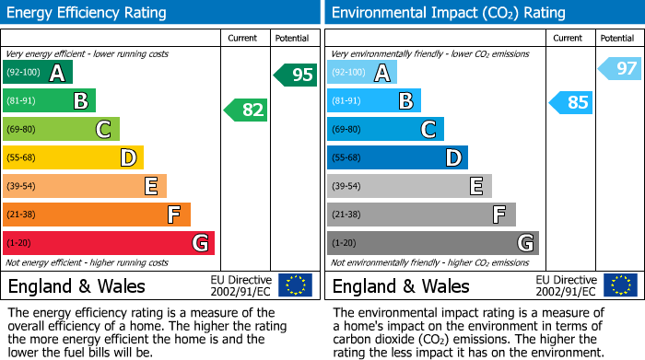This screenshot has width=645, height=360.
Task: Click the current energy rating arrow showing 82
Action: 246,110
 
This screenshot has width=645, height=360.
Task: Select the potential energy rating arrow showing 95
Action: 296,75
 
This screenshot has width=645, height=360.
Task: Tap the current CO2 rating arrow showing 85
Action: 571,102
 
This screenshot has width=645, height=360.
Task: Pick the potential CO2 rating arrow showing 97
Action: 620,68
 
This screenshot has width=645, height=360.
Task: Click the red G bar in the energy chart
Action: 108,243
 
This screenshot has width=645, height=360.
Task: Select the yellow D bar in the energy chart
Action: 73,157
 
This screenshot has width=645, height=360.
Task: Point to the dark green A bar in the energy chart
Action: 37,72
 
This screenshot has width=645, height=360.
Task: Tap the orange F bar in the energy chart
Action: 96,215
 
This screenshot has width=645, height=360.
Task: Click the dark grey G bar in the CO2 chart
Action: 432,243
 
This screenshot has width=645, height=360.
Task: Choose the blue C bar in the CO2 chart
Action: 385,129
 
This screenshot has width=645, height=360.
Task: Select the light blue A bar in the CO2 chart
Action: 361,72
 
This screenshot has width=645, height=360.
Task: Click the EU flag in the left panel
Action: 295,285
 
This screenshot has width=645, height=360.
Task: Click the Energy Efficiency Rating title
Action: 88,13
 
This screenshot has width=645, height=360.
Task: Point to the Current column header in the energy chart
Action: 244,38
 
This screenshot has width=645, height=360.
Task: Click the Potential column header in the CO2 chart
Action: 616,38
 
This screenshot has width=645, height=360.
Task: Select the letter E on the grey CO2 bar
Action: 475,186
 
